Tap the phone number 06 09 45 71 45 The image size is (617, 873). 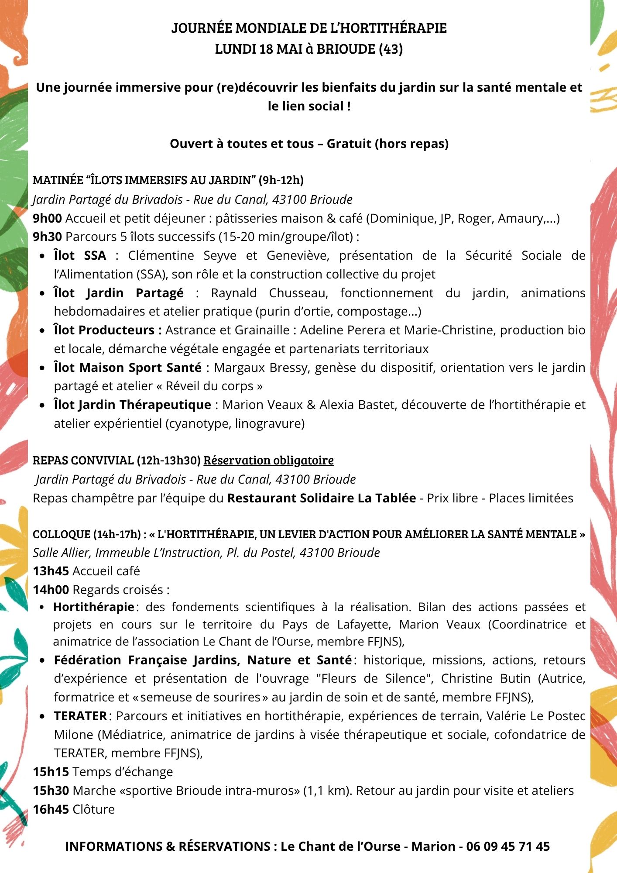pos(508,846)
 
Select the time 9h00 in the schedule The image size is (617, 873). pos(47,218)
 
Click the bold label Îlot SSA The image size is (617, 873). pos(79,255)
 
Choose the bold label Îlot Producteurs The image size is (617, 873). pos(108,330)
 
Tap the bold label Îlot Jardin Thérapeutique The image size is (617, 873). pos(132,405)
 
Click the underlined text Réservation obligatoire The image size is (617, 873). pos(268,461)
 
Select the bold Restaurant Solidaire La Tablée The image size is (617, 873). pos(322,498)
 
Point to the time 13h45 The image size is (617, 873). pos(51,571)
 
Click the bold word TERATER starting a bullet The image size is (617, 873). pos(80,716)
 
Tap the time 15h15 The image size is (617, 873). pos(51,772)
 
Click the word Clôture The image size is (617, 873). pos(93,809)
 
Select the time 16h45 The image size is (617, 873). pos(51,809)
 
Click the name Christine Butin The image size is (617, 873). pos(486,678)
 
